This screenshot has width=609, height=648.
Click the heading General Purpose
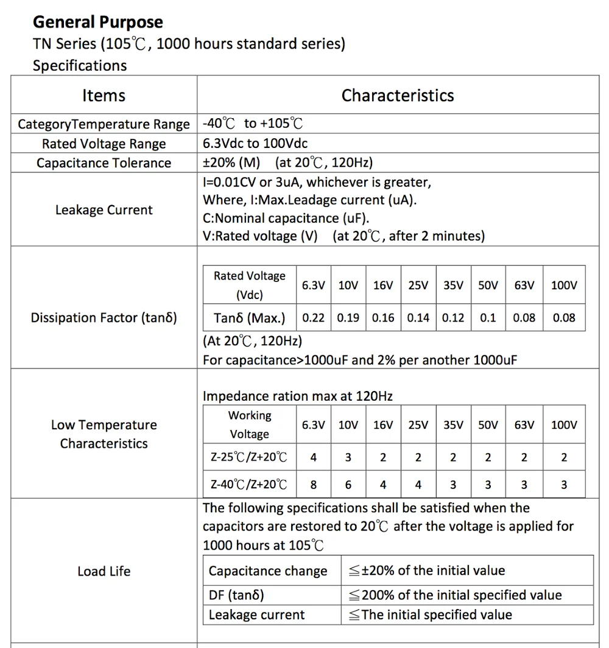(98, 23)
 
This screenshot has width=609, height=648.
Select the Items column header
(104, 96)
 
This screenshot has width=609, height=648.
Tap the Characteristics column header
(398, 96)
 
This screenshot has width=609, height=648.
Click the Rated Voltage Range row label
(104, 144)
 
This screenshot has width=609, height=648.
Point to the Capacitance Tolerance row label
(104, 163)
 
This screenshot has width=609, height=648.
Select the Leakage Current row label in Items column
(104, 210)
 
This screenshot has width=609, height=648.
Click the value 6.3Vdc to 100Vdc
(255, 144)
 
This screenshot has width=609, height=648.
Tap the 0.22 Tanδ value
(313, 318)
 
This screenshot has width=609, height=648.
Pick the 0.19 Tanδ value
(348, 318)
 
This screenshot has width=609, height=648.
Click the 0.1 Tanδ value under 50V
(488, 318)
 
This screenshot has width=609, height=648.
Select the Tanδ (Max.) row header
(249, 318)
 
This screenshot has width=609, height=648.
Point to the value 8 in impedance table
(313, 485)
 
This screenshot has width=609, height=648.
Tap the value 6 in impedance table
(348, 485)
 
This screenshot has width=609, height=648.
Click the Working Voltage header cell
(249, 424)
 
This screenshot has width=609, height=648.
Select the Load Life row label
(104, 571)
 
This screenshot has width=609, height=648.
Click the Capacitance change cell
(268, 571)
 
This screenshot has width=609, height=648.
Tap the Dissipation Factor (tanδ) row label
(104, 318)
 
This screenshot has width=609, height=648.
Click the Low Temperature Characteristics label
(104, 434)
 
